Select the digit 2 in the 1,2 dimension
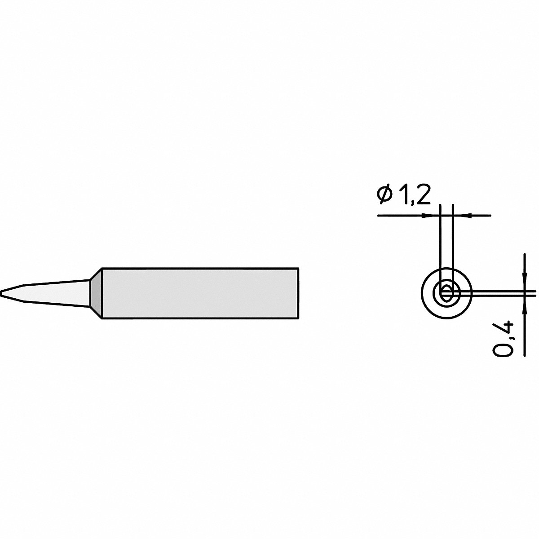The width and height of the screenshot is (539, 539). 423,194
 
